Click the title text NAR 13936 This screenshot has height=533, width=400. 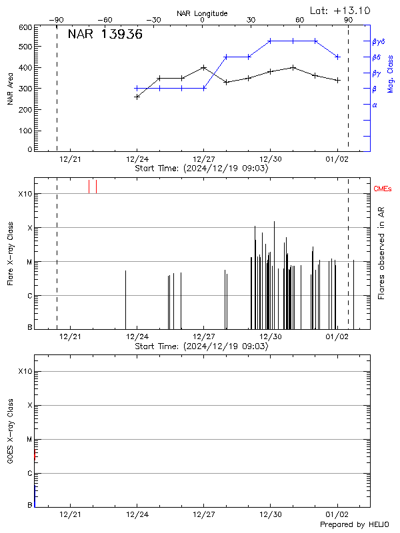pyautogui.click(x=105, y=35)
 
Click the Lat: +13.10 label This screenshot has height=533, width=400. pyautogui.click(x=341, y=10)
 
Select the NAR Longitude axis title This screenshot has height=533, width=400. pyautogui.click(x=202, y=13)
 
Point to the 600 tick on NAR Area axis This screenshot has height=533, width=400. pyautogui.click(x=26, y=27)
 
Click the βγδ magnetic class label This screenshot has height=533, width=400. pyautogui.click(x=379, y=41)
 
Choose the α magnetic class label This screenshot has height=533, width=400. pyautogui.click(x=375, y=105)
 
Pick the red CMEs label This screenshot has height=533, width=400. pyautogui.click(x=383, y=189)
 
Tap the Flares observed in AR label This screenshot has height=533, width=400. pyautogui.click(x=381, y=253)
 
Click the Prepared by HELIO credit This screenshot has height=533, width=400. pyautogui.click(x=354, y=525)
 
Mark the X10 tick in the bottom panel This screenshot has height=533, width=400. pyautogui.click(x=25, y=371)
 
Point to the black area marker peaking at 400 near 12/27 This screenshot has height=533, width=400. pyautogui.click(x=203, y=67)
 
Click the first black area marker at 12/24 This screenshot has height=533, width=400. pyautogui.click(x=137, y=97)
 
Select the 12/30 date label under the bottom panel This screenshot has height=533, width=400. pyautogui.click(x=271, y=514)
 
